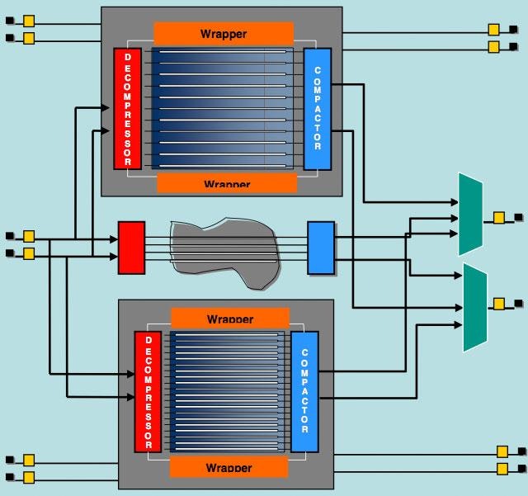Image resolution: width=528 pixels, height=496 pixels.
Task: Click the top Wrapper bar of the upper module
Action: pyautogui.click(x=223, y=34)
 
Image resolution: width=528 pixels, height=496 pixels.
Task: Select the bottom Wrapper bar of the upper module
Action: pyautogui.click(x=226, y=182)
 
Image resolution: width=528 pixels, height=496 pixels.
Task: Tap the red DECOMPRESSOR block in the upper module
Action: pyautogui.click(x=128, y=108)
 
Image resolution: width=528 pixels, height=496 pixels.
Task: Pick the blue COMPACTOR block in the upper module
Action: pyautogui.click(x=317, y=108)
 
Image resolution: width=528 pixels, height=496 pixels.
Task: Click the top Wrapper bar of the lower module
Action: pyautogui.click(x=230, y=319)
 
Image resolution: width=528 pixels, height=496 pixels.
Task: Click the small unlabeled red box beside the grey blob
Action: pyautogui.click(x=131, y=247)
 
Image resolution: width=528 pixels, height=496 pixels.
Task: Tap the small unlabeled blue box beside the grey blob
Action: pyautogui.click(x=321, y=247)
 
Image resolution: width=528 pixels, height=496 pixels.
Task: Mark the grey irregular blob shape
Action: pyautogui.click(x=225, y=250)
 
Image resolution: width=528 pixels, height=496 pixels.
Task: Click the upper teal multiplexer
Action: pyautogui.click(x=471, y=213)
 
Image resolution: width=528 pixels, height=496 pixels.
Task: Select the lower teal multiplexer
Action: pyautogui.click(x=475, y=307)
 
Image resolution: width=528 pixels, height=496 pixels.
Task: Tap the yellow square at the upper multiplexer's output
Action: pyautogui.click(x=499, y=218)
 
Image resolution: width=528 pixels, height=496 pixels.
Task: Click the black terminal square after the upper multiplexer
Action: pyautogui.click(x=518, y=218)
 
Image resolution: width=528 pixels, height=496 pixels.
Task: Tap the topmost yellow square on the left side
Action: pyautogui.click(x=29, y=21)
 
